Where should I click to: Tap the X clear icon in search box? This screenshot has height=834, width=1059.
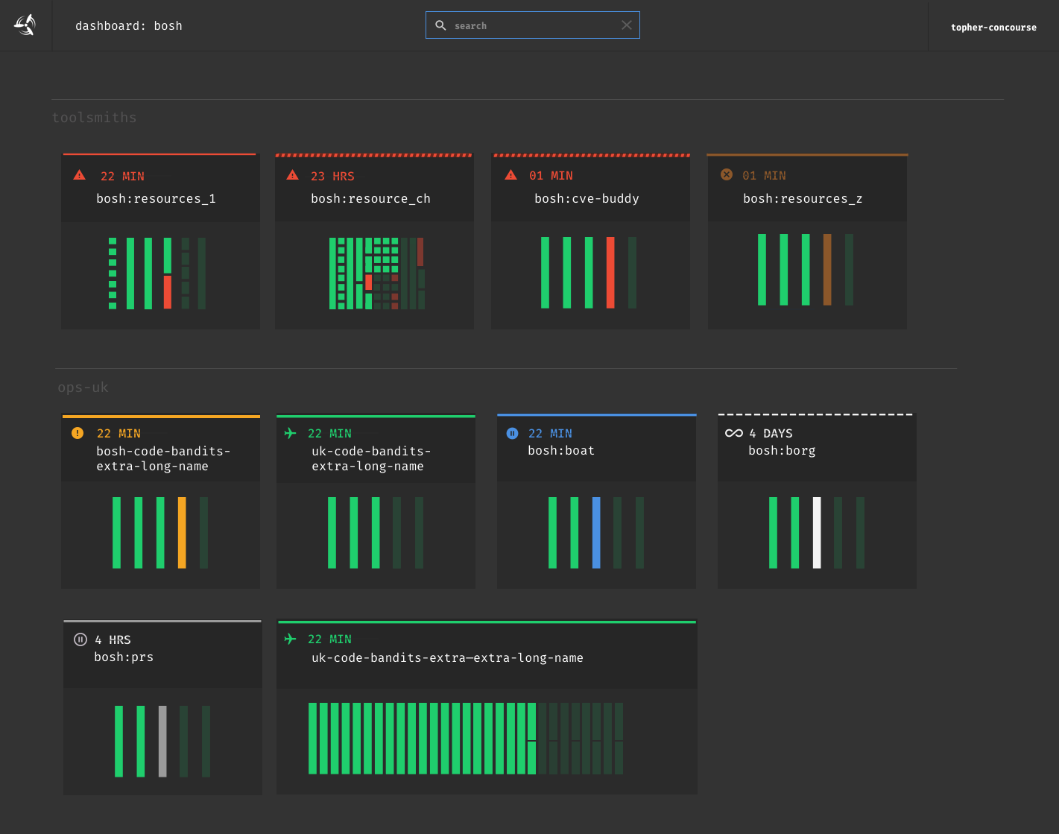point(627,25)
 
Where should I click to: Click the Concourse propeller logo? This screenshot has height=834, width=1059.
point(25,25)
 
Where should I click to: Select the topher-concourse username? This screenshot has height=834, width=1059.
point(993,28)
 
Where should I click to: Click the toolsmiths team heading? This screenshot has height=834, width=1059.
point(95,118)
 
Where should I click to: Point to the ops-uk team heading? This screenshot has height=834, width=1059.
point(83,388)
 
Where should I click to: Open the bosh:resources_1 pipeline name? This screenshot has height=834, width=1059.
point(156,199)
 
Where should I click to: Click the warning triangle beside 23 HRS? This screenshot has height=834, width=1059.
point(293,175)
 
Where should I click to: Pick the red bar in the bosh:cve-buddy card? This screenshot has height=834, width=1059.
point(610,272)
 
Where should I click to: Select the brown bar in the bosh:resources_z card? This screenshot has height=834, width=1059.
point(827,270)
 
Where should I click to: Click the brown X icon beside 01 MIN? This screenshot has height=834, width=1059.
point(727,175)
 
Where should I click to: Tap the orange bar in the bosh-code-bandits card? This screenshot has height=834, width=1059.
point(182,532)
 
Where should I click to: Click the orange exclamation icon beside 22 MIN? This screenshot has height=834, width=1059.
point(78,433)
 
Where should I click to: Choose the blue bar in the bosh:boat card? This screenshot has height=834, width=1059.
point(596,532)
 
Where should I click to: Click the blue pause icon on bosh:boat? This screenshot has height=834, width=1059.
point(513,433)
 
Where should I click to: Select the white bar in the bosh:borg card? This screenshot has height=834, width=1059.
point(817,532)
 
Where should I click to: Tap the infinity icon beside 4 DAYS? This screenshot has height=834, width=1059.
point(734,433)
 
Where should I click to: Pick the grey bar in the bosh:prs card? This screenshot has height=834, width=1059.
point(162,741)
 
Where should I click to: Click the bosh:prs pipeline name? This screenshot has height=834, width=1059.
point(124,657)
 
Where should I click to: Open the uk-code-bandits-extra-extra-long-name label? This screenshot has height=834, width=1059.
point(447,658)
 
